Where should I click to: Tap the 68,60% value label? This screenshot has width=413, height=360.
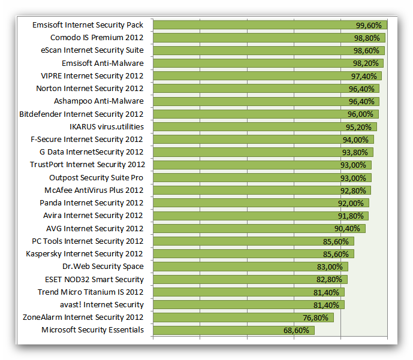tap(296, 330)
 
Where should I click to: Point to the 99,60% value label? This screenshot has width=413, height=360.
tap(369, 25)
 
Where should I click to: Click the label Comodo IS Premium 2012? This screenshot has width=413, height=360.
tap(97, 38)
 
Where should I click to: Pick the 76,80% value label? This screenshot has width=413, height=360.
tap(315, 317)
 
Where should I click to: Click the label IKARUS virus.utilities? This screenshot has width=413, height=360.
tap(107, 126)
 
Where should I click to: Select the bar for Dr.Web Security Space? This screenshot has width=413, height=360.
tap(240, 267)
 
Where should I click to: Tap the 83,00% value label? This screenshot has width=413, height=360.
tap(329, 267)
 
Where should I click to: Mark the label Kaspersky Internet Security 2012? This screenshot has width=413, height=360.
tap(85, 254)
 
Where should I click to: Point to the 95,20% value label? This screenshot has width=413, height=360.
tap(358, 126)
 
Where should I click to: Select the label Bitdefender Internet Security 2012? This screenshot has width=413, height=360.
tap(82, 114)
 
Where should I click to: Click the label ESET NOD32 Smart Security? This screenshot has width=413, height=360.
tap(94, 279)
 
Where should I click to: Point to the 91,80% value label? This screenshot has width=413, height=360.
tap(350, 216)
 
